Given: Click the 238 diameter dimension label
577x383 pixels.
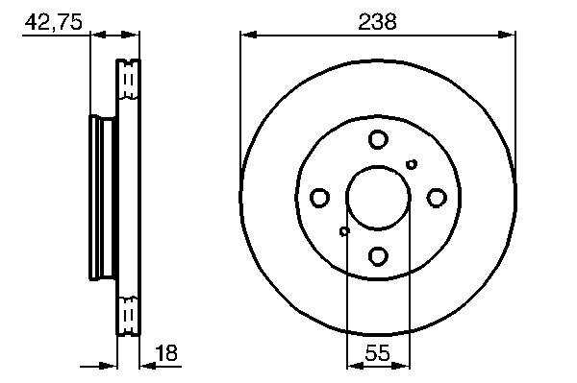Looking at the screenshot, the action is [x=377, y=22].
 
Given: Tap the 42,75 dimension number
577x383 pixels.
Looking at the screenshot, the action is [x=53, y=22].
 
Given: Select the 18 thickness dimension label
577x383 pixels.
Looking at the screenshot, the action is [x=166, y=352].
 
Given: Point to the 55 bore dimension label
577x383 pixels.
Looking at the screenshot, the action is [x=378, y=353].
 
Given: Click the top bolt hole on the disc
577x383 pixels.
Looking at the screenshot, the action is [x=378, y=139].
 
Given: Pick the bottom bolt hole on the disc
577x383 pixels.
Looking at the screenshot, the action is [x=378, y=256].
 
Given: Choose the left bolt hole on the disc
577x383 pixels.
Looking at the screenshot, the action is [x=319, y=198].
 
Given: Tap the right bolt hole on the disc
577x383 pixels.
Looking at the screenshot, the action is [x=437, y=198].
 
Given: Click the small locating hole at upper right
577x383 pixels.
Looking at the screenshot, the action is [x=412, y=164].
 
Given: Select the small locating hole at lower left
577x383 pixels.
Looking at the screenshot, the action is [x=344, y=231].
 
